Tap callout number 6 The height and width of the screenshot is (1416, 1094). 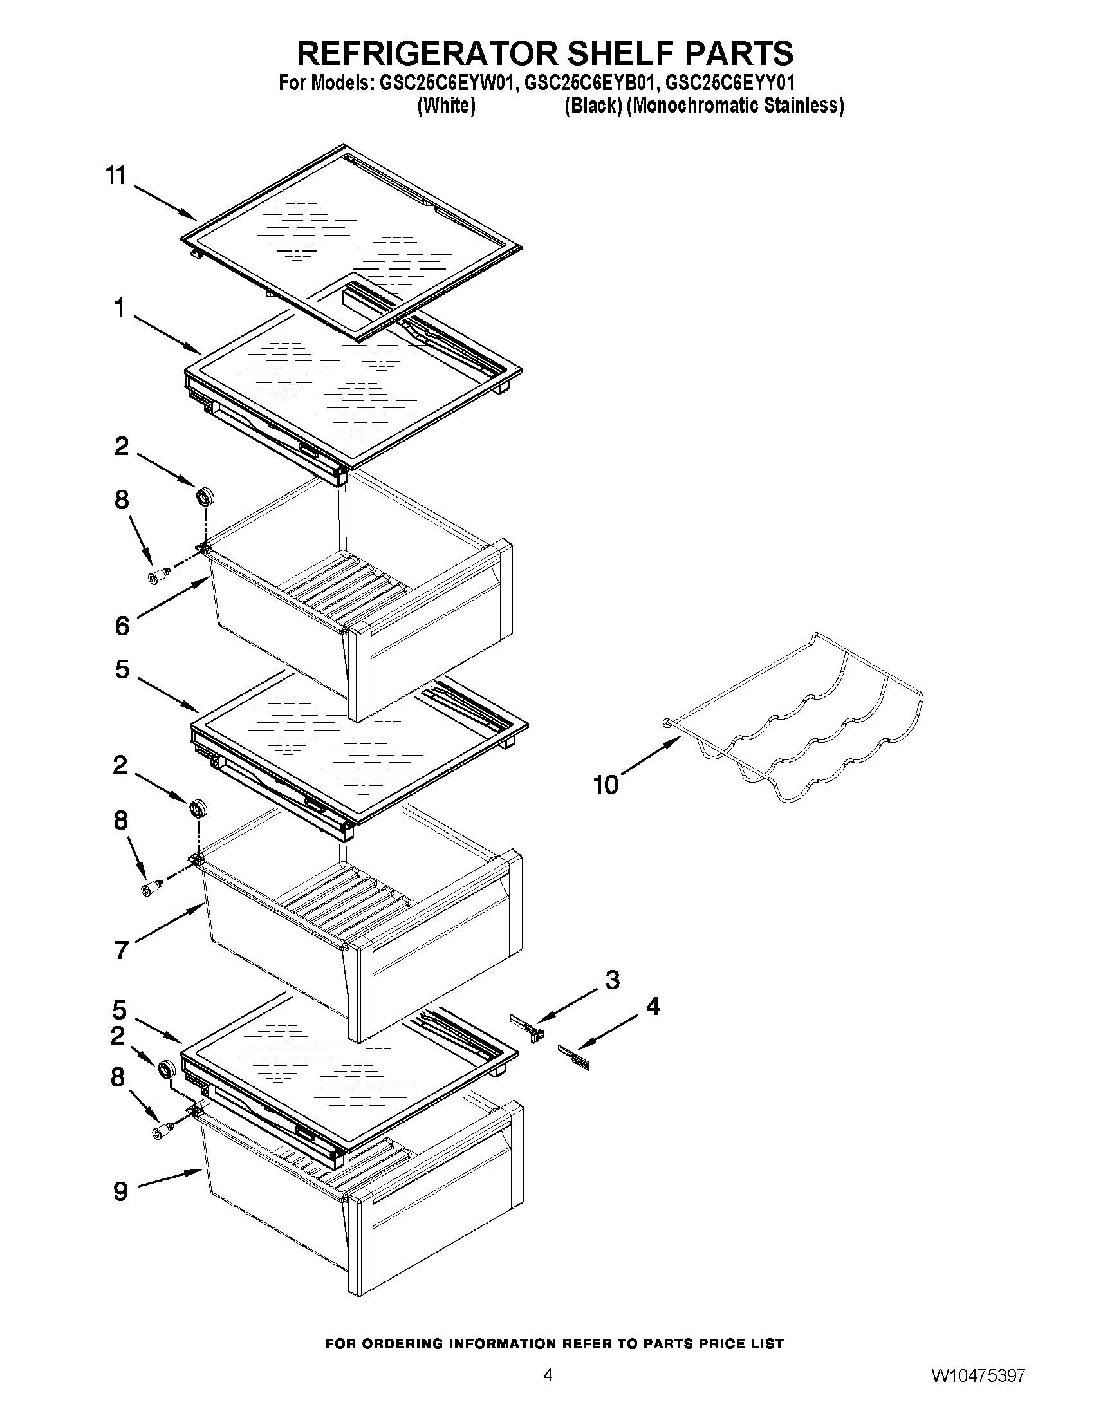pyautogui.click(x=122, y=626)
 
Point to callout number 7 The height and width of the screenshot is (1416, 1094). pyautogui.click(x=122, y=951)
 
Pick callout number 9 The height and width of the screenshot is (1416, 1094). pyautogui.click(x=120, y=1191)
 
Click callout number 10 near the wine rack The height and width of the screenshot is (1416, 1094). pyautogui.click(x=606, y=785)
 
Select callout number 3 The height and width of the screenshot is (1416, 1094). pyautogui.click(x=613, y=980)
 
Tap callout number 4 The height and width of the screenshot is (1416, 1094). pyautogui.click(x=653, y=1006)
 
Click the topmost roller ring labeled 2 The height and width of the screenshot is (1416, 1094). pyautogui.click(x=205, y=498)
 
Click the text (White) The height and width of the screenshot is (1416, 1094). pyautogui.click(x=446, y=105)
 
